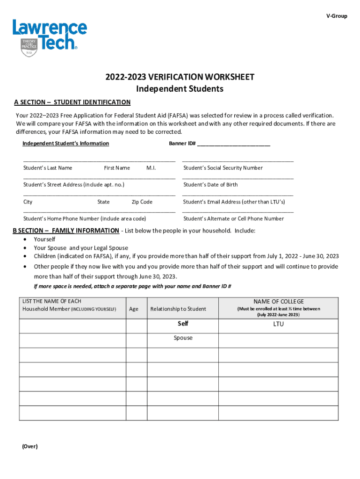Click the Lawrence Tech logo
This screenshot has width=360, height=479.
point(49,37)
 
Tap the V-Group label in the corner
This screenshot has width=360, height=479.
point(337,16)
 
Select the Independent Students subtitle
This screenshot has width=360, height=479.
point(180,89)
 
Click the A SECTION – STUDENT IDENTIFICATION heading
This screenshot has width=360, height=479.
point(72,102)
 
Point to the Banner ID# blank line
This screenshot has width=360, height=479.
point(234,144)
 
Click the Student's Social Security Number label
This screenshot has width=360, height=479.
point(223,168)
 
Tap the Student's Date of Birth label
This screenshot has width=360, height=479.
point(210,185)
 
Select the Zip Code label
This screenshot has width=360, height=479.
point(142,202)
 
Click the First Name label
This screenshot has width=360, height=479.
point(117,168)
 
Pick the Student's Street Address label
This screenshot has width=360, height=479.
point(74,185)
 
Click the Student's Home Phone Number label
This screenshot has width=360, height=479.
point(85,219)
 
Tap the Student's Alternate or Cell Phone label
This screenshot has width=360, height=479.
point(233,219)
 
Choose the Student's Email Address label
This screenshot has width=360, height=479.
point(234,202)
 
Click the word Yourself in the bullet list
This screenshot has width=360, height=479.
point(44,239)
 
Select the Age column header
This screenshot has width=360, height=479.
point(134,309)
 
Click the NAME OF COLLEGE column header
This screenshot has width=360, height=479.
point(279,302)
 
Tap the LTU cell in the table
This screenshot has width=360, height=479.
point(279,324)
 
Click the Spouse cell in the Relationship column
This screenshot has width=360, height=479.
point(183,338)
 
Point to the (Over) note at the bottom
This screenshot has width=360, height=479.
point(29,446)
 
